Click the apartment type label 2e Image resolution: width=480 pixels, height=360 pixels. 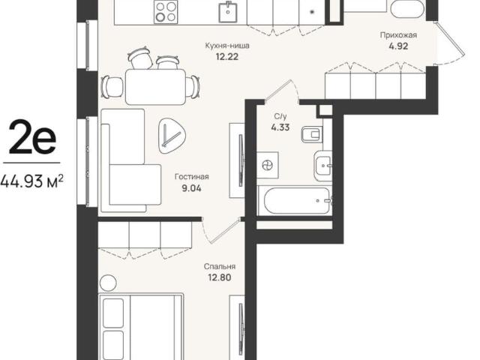[32, 136]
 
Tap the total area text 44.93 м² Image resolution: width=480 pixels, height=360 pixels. [32, 181]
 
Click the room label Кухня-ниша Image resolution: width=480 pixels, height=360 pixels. [227, 46]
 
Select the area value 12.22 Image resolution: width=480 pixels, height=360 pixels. [227, 57]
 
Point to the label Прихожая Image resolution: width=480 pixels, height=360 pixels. [398, 35]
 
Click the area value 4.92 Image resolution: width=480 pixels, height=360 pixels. [398, 46]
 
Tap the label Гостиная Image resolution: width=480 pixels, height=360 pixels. [192, 177]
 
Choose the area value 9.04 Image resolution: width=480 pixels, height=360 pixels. [192, 188]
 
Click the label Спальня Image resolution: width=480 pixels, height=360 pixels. [220, 267]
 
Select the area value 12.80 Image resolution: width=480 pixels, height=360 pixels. [220, 277]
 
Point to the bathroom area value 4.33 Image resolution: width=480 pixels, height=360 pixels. [280, 127]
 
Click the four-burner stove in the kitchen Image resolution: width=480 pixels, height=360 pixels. [166, 11]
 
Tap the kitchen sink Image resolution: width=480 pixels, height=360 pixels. [228, 12]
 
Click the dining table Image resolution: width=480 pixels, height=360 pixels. [156, 87]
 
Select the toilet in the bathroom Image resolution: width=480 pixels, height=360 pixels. [312, 134]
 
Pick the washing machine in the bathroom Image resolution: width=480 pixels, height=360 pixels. [268, 165]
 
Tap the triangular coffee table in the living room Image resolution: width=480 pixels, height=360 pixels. [172, 135]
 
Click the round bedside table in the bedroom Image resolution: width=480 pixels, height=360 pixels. [108, 283]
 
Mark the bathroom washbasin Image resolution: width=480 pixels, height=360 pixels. [322, 165]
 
